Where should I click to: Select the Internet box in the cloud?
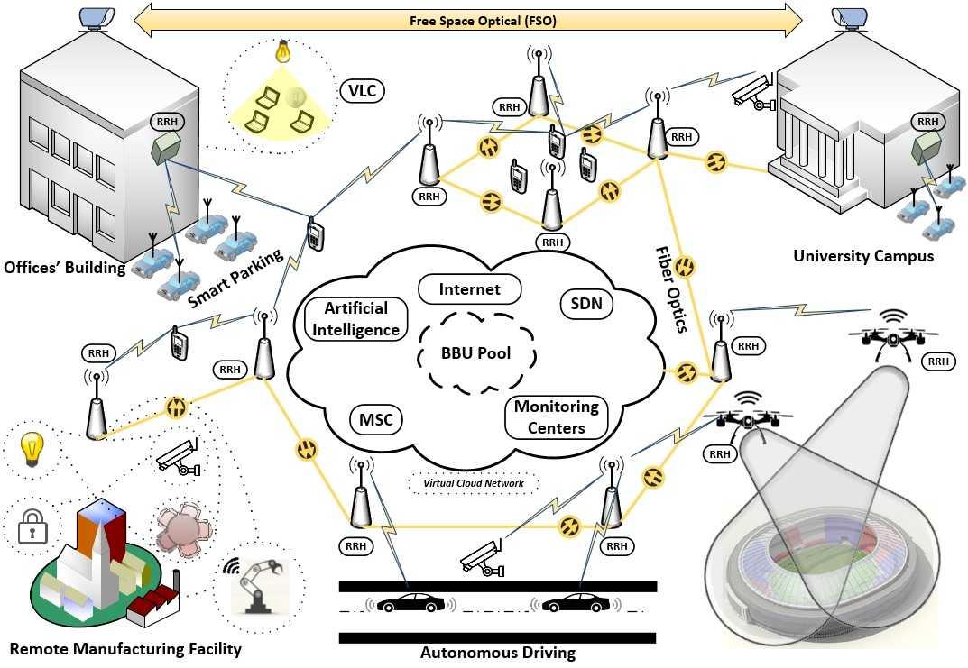point(469,290)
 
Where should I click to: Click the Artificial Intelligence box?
point(356,319)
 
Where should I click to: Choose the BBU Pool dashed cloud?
point(475,352)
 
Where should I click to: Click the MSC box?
point(374,419)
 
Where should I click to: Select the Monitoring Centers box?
point(556,417)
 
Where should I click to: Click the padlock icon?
point(33,528)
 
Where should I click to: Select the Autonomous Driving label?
point(498,653)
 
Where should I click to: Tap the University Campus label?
point(863,256)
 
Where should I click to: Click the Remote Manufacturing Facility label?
point(125,649)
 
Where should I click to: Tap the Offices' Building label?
point(65,268)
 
